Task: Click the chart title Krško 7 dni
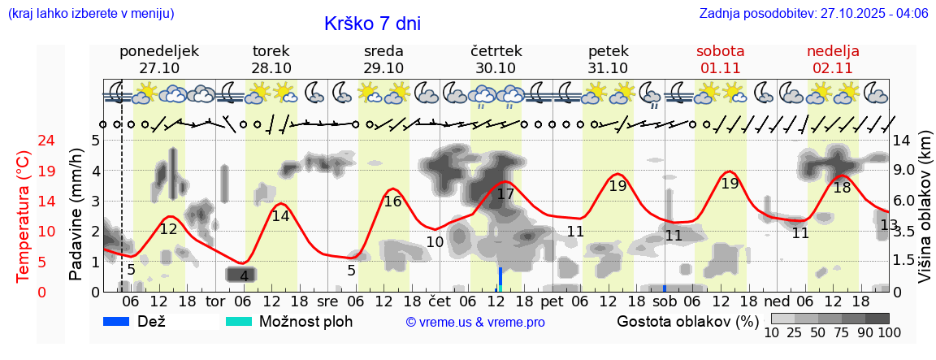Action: tap(372, 24)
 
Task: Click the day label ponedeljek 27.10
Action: tap(159, 59)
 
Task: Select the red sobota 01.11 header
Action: tap(720, 59)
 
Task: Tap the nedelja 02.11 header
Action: tap(833, 59)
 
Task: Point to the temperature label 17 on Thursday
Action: tap(505, 194)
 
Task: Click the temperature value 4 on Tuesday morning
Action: tap(244, 276)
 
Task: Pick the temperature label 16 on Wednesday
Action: tap(393, 202)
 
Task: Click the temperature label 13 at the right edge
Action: tap(889, 225)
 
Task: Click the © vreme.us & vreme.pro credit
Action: tap(475, 323)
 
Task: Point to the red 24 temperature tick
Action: tap(24, 141)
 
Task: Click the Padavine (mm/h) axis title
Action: tap(76, 215)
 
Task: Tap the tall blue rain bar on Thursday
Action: tap(500, 280)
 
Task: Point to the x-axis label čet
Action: tap(440, 301)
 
